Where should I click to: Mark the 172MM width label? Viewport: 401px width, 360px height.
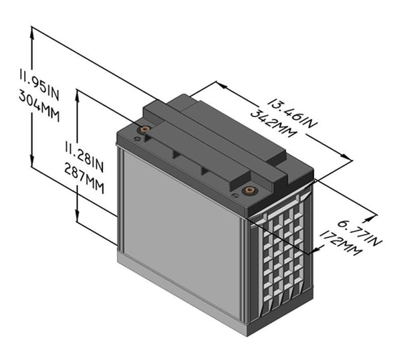coord(342,244)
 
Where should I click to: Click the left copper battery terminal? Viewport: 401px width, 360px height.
coord(143,130)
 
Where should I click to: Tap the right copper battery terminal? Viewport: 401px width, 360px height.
coord(250,190)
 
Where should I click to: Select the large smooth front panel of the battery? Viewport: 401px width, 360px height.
coord(180,228)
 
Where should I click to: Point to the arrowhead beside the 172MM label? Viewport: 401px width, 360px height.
coord(317,252)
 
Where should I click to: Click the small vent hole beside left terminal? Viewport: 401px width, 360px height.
coord(137,139)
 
